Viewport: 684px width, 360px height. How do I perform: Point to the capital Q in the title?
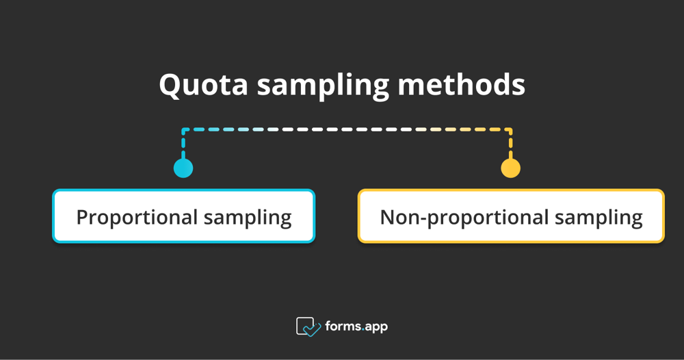(x=170, y=85)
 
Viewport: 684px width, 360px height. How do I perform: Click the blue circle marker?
(x=183, y=168)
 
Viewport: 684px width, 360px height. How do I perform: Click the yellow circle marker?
(x=510, y=168)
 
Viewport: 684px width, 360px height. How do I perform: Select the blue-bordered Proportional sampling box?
(x=183, y=216)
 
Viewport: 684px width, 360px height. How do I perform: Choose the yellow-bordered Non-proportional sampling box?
(x=511, y=216)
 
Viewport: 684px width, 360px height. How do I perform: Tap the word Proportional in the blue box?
(x=137, y=218)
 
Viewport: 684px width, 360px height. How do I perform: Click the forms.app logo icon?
(x=308, y=326)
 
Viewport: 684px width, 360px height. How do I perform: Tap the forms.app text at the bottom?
(x=356, y=326)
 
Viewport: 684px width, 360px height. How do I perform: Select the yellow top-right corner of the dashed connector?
(x=510, y=129)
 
